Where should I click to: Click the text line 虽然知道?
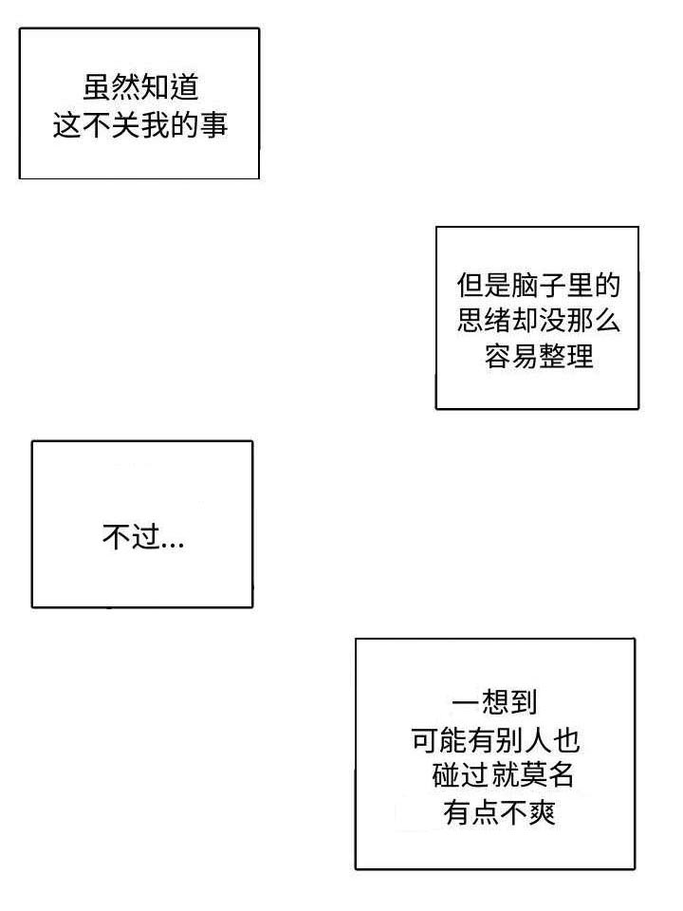tap(140, 88)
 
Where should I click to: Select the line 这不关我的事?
tap(140, 125)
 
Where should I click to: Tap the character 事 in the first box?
tap(215, 125)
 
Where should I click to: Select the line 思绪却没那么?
tap(539, 321)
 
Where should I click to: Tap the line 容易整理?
tap(539, 357)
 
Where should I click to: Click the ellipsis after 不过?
tap(174, 541)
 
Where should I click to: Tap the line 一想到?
tap(495, 702)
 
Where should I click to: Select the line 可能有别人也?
tap(496, 739)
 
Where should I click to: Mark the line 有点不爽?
tap(499, 812)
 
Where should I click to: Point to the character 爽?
tap(542, 812)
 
